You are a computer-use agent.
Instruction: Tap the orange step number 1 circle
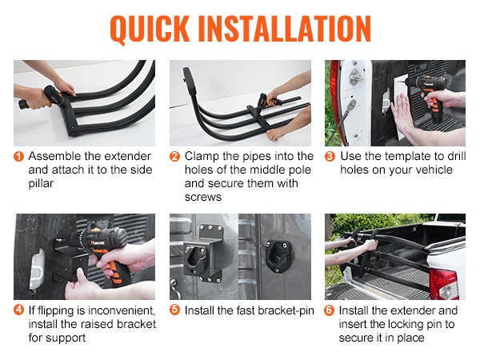click(x=18, y=157)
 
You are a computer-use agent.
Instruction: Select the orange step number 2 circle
click(x=174, y=157)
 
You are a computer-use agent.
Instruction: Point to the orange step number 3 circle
click(x=330, y=157)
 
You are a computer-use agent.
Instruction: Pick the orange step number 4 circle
click(x=18, y=310)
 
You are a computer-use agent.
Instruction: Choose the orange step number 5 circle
click(x=174, y=310)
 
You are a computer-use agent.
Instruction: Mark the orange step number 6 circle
click(x=330, y=310)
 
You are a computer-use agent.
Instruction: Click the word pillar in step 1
click(x=41, y=184)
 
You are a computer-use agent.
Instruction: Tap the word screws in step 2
click(x=203, y=197)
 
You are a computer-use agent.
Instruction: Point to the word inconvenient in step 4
click(x=122, y=310)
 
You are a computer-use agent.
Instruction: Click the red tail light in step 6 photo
click(x=443, y=284)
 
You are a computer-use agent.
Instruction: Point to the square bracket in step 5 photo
click(x=202, y=254)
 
